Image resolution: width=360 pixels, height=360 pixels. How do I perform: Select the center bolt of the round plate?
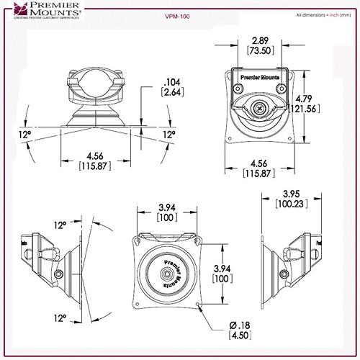[x=166, y=274]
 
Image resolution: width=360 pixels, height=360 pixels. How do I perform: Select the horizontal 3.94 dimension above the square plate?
[x=168, y=208]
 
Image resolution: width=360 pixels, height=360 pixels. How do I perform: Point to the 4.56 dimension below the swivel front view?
[x=92, y=156]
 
